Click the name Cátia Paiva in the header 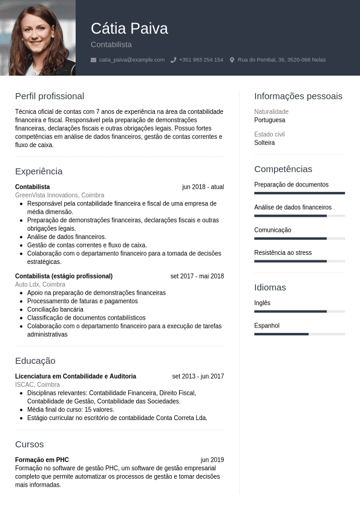129,28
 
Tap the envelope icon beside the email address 93,60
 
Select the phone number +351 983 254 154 201,60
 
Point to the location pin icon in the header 232,60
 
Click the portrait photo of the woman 38,38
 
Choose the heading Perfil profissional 50,96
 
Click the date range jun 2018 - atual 203,187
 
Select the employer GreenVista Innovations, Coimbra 59,195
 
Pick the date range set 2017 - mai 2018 197,276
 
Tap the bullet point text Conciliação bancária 55,309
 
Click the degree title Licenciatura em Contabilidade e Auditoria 76,376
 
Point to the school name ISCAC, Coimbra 38,384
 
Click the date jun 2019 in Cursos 212,460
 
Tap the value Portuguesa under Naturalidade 270,120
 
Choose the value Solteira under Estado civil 264,143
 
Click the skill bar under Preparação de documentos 299,193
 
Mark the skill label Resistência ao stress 283,252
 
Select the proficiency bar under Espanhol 299,334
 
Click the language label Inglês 263,303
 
